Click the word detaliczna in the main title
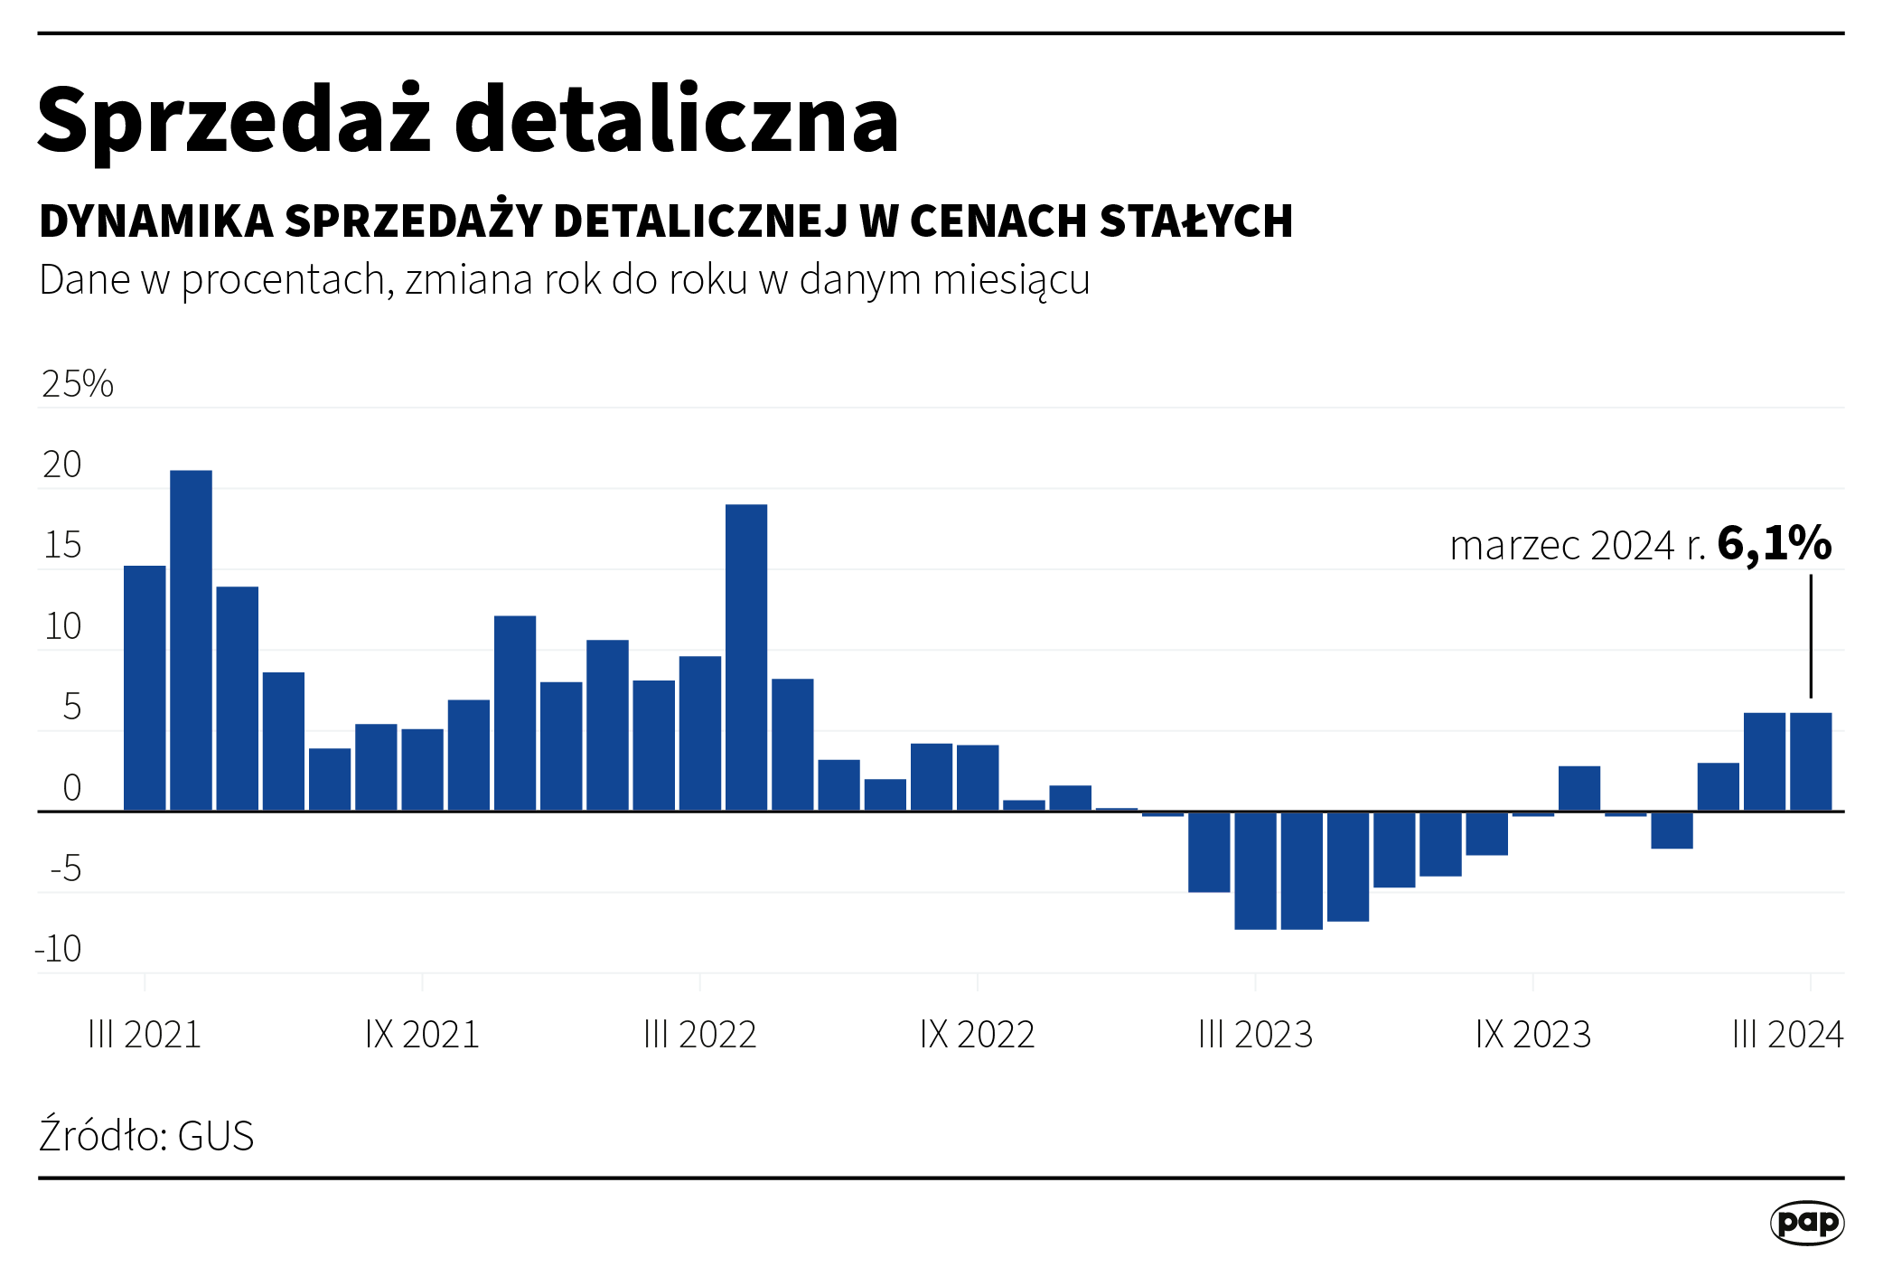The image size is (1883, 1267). pyautogui.click(x=676, y=120)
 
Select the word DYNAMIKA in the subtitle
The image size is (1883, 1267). pyautogui.click(x=156, y=221)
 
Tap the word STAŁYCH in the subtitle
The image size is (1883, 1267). pyautogui.click(x=1196, y=221)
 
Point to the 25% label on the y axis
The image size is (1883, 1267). pyautogui.click(x=78, y=384)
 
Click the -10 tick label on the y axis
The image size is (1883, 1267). pyautogui.click(x=59, y=949)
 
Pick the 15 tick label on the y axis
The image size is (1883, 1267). pyautogui.click(x=62, y=546)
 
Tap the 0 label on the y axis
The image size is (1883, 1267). pyautogui.click(x=72, y=788)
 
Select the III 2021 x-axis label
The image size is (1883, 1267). pyautogui.click(x=145, y=1035)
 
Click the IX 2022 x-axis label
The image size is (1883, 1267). pyautogui.click(x=977, y=1035)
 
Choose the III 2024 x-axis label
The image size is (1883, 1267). pyautogui.click(x=1787, y=1035)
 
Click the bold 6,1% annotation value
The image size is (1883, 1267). pyautogui.click(x=1774, y=544)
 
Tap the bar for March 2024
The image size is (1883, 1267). pyautogui.click(x=1811, y=762)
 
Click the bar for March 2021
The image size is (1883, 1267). pyautogui.click(x=145, y=688)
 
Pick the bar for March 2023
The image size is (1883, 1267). pyautogui.click(x=1255, y=870)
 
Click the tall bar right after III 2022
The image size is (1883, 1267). pyautogui.click(x=746, y=657)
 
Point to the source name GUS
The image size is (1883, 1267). pyautogui.click(x=216, y=1136)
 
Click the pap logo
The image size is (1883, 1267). pyautogui.click(x=1806, y=1223)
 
